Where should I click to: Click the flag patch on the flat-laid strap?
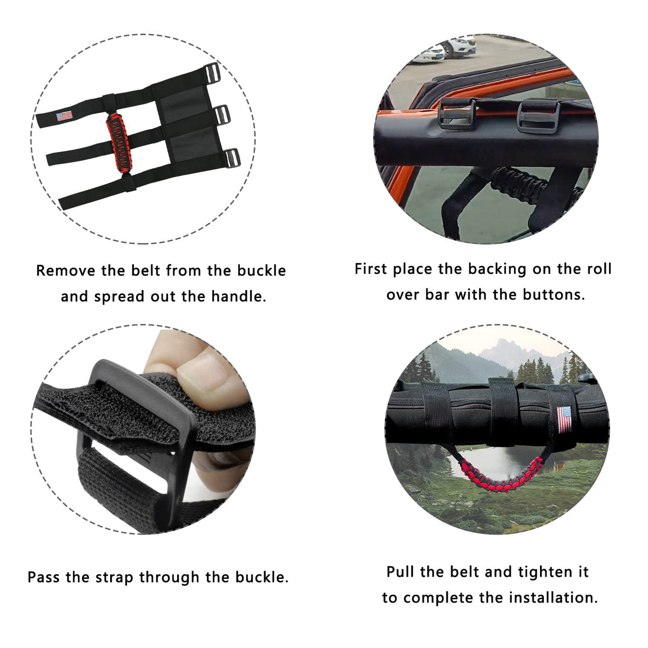64,116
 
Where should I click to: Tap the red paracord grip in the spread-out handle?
119,143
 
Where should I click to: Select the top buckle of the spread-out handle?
212,73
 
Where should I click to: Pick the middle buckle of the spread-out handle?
222,116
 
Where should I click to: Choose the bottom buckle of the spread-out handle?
233,158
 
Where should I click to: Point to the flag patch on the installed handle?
564,420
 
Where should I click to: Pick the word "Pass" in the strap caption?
44,577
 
